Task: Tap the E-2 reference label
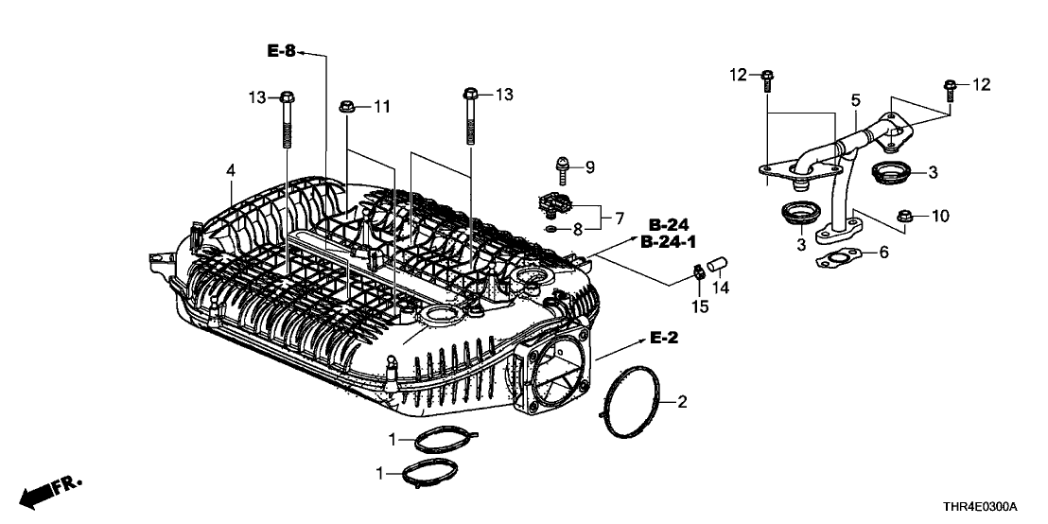664,338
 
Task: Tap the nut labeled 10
903,215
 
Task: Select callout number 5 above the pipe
855,98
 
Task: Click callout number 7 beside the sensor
619,218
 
